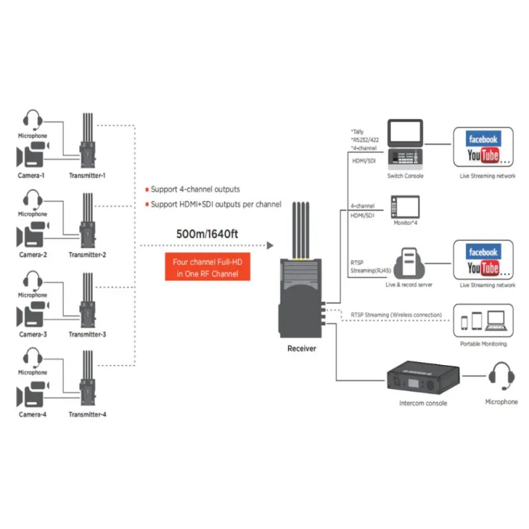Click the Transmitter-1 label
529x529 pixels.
(x=87, y=175)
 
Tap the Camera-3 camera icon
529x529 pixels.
(x=33, y=315)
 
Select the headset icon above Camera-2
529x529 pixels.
(x=32, y=200)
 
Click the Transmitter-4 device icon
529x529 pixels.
(x=88, y=378)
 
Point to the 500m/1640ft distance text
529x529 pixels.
(x=207, y=234)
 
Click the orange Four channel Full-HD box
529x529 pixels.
(x=208, y=266)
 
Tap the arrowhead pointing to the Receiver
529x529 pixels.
(x=270, y=245)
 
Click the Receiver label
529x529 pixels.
(x=302, y=348)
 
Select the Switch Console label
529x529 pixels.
(x=405, y=176)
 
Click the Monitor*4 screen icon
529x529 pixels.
(x=405, y=206)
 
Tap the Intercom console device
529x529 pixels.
(x=423, y=378)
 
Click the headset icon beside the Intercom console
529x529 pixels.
(x=502, y=376)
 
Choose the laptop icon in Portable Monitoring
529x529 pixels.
(x=495, y=321)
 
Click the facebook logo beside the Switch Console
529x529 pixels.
(x=483, y=139)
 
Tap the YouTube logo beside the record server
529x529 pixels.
(x=483, y=268)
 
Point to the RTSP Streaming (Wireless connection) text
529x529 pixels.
(x=396, y=315)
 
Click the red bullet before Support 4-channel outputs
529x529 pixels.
(x=147, y=190)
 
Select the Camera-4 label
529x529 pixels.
(x=32, y=415)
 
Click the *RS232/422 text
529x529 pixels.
(x=365, y=140)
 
